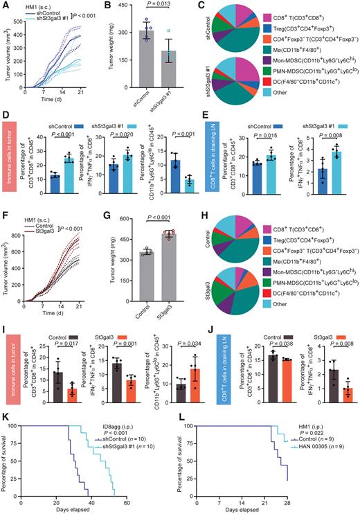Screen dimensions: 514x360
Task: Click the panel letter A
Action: (x=4, y=5)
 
